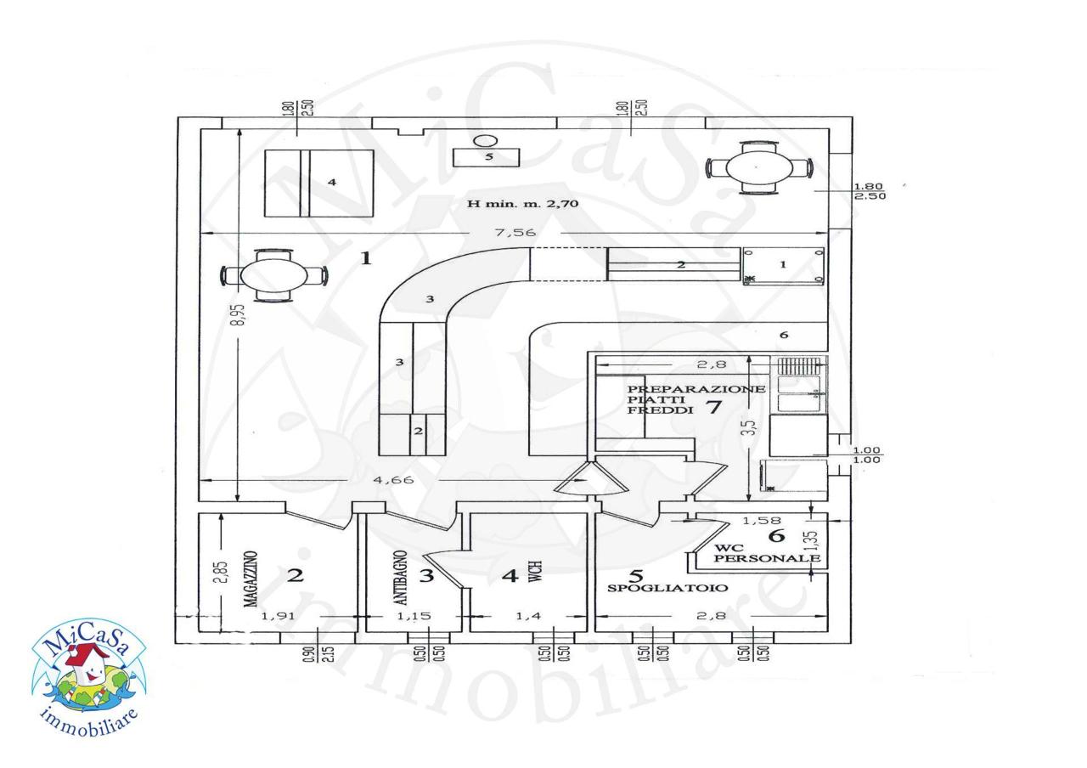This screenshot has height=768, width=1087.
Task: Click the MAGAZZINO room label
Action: coord(250,579)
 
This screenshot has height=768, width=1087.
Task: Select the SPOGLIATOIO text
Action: coord(667,588)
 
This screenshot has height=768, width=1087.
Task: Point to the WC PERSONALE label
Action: coord(767,553)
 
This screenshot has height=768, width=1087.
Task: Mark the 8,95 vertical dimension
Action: coord(239,314)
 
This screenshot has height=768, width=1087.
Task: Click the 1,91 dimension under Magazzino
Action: coord(278,616)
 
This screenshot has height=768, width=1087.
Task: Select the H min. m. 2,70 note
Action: coord(522,203)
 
